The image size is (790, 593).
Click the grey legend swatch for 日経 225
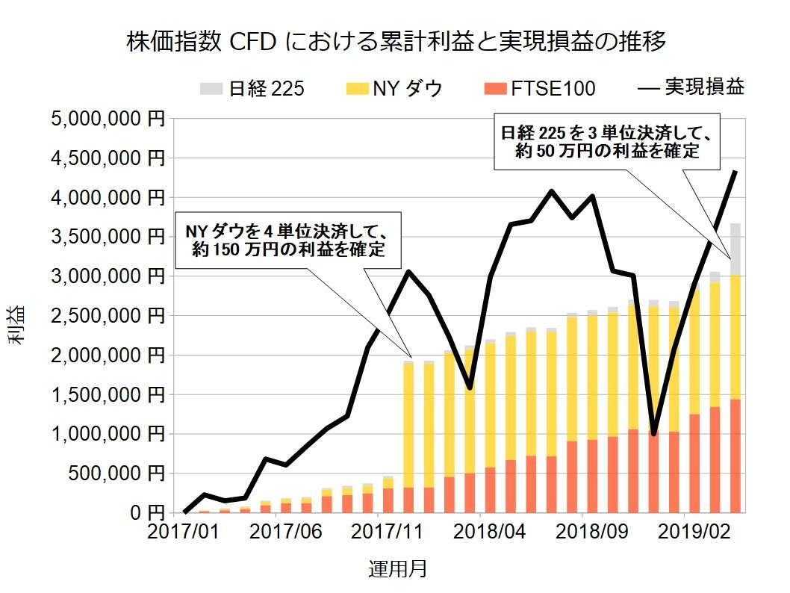[211, 88]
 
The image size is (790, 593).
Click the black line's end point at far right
[735, 172]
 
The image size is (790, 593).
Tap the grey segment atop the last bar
[735, 249]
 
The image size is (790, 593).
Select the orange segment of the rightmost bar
[735, 456]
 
